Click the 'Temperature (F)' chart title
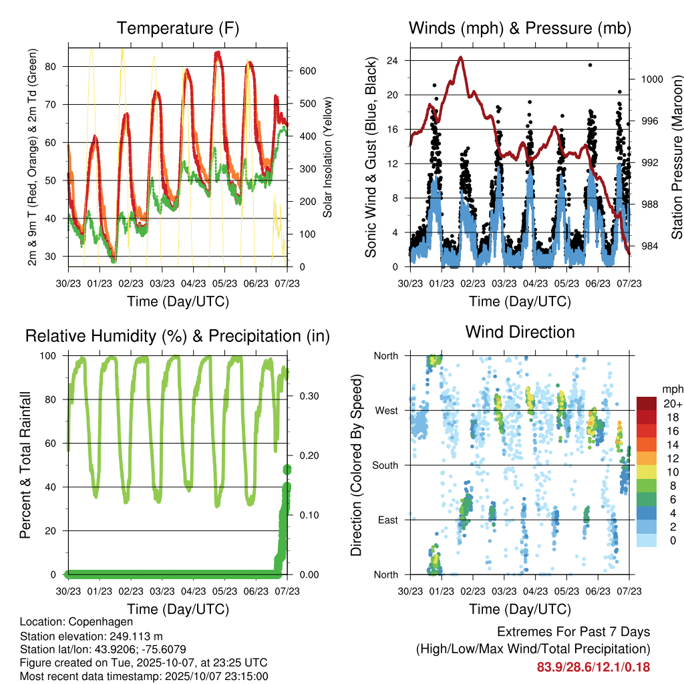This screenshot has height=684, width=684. [x=177, y=29]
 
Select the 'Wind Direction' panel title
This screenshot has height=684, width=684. [x=520, y=332]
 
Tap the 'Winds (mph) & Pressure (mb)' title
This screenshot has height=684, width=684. [x=520, y=29]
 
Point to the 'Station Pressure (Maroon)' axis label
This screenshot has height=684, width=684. [x=677, y=158]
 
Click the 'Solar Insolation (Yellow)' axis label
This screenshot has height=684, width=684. [x=328, y=158]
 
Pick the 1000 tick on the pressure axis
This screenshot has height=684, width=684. [x=651, y=79]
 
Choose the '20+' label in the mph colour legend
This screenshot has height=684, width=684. [x=671, y=403]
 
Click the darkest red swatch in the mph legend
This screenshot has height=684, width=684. [x=646, y=403]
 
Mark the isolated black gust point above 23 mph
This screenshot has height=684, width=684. [x=590, y=65]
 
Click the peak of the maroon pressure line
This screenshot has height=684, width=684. [x=461, y=57]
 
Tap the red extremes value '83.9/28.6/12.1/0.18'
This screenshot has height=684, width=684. [x=593, y=667]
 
